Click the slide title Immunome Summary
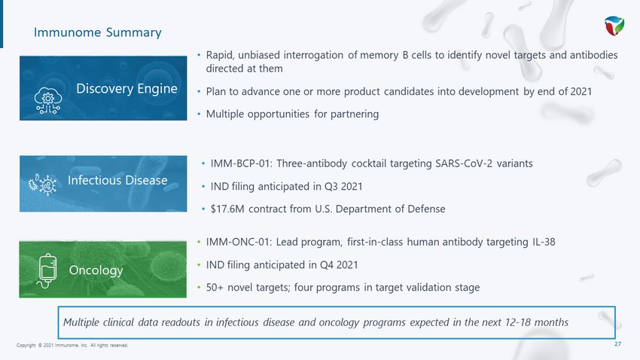(x=98, y=32)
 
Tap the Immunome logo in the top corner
(x=614, y=26)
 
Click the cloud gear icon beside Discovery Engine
(x=47, y=100)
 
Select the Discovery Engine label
(x=127, y=89)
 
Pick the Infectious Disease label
(x=117, y=180)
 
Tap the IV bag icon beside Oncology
(x=47, y=270)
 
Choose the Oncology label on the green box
(x=96, y=270)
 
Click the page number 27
(x=618, y=344)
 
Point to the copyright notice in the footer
(x=72, y=345)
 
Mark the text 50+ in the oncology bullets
(x=215, y=288)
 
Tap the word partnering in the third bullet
(x=355, y=114)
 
